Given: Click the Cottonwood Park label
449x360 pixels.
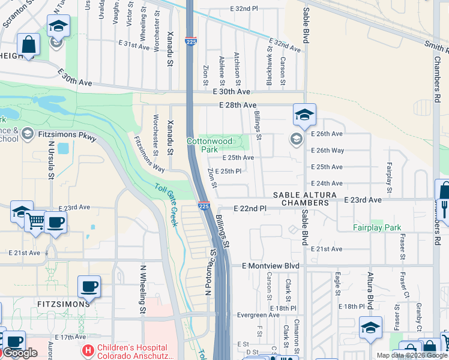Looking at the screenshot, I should pyautogui.click(x=209, y=145).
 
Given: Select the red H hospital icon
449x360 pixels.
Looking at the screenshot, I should pyautogui.click(x=88, y=349).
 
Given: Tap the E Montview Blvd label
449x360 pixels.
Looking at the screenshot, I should pyautogui.click(x=270, y=265).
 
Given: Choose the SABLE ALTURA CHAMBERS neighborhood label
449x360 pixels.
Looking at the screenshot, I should pyautogui.click(x=301, y=199).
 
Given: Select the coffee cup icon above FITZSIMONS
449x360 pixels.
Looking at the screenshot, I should pyautogui.click(x=89, y=286).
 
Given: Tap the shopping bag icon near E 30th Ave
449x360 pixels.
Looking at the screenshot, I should pyautogui.click(x=28, y=43).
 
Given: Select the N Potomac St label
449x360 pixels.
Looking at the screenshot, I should pyautogui.click(x=210, y=273).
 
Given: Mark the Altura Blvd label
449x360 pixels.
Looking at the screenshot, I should pyautogui.click(x=370, y=287).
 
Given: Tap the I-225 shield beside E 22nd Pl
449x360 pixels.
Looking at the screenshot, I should pyautogui.click(x=203, y=206).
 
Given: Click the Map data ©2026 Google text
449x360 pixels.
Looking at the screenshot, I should pyautogui.click(x=411, y=355).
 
